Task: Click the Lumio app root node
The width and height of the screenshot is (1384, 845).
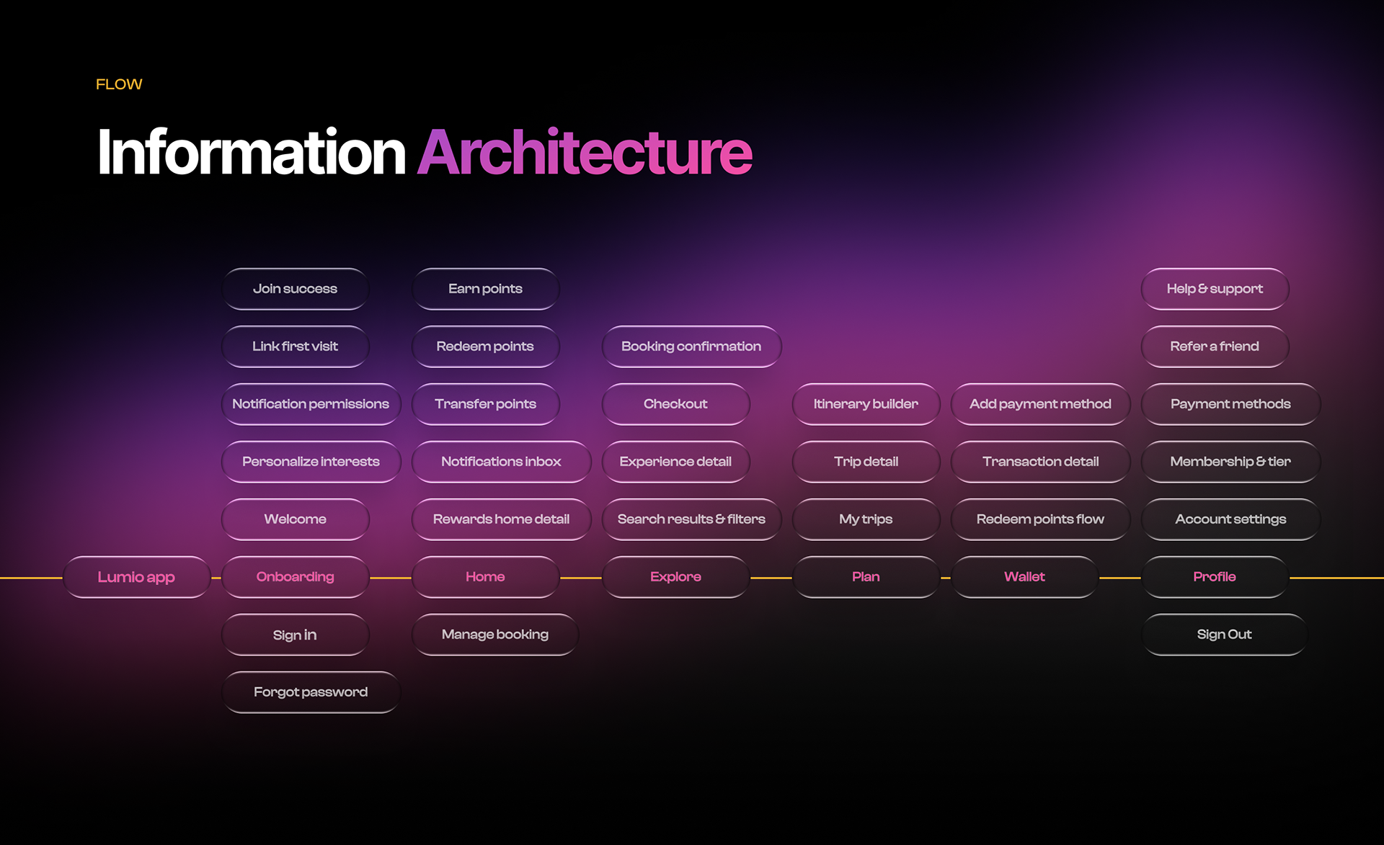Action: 136,577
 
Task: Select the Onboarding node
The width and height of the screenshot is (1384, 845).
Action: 295,577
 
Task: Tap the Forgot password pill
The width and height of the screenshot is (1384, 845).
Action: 311,692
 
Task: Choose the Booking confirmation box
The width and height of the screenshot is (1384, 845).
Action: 691,347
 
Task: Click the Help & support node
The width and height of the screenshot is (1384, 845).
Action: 1215,289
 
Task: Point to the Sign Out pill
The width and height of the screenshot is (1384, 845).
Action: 1224,635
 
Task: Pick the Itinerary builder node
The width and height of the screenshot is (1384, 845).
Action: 866,404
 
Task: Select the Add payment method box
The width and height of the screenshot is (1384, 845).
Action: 1040,404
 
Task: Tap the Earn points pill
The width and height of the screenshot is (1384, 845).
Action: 485,289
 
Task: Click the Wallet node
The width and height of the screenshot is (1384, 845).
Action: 1024,577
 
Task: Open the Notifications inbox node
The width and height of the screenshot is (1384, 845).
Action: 501,462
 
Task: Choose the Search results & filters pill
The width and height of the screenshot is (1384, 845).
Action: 691,519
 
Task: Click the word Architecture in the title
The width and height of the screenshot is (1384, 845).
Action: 585,152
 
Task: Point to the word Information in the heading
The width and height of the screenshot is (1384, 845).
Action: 252,152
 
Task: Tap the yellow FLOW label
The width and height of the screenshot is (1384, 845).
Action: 119,84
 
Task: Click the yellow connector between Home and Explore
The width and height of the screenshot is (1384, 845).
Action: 580,578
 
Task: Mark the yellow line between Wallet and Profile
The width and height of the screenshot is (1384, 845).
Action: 1119,578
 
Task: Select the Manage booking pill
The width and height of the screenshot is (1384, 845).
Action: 494,635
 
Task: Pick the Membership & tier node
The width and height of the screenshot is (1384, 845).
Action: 1230,462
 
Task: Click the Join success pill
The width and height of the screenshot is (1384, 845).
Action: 295,289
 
